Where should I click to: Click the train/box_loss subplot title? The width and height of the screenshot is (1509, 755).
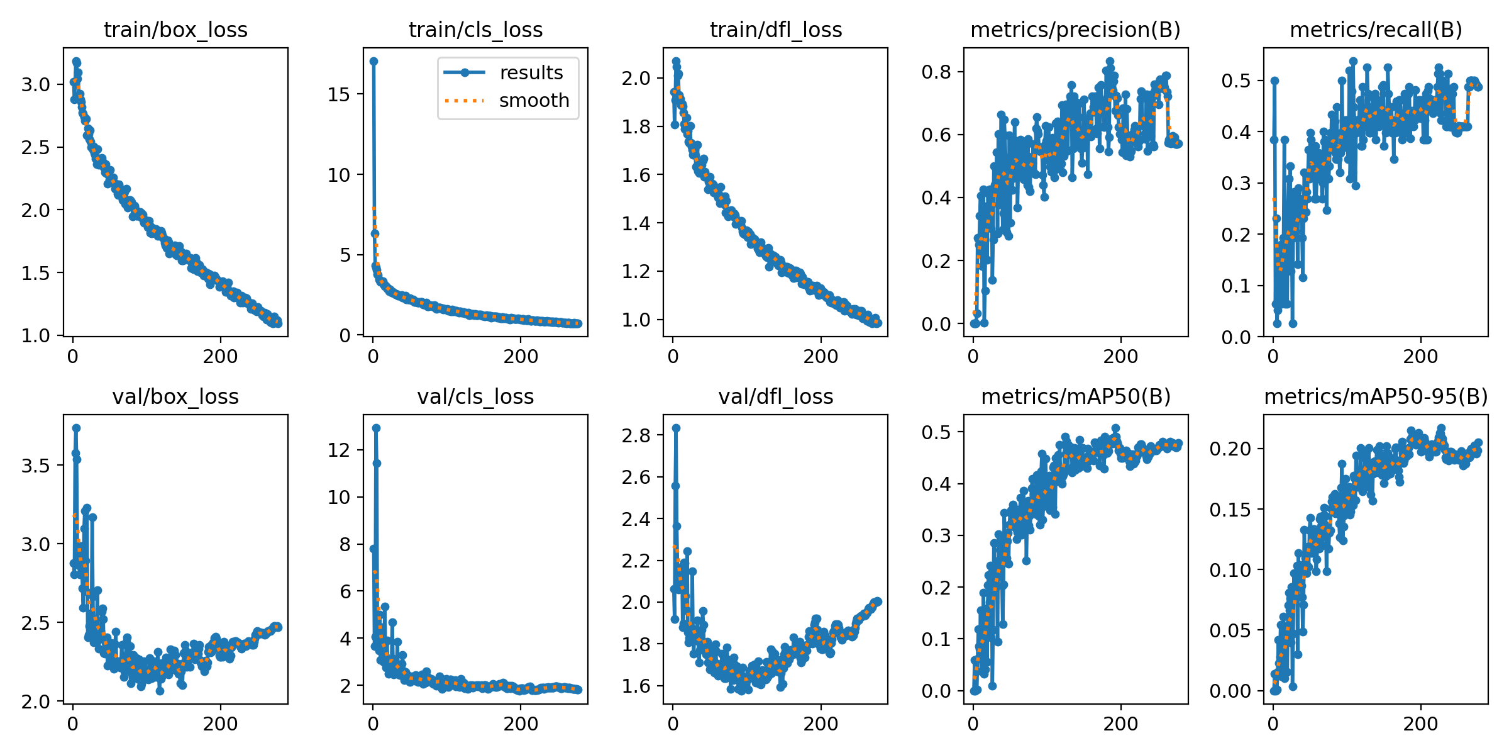(175, 30)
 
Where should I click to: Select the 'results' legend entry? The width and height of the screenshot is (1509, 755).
(531, 73)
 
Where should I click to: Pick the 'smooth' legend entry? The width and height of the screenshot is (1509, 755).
(533, 101)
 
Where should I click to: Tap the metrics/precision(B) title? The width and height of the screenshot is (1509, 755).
(1075, 30)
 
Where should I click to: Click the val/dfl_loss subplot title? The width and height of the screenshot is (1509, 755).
(775, 397)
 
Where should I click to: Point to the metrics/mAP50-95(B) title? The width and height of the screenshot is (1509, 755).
(1376, 397)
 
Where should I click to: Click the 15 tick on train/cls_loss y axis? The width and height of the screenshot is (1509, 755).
(339, 94)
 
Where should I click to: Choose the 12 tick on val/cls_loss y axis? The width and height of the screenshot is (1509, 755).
(339, 450)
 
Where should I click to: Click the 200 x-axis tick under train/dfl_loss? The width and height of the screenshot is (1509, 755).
(821, 357)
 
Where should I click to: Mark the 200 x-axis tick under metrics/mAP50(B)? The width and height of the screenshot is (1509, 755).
(1120, 724)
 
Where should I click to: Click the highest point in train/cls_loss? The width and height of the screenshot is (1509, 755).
(373, 61)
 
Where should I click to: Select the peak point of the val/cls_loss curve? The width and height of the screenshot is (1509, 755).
(376, 428)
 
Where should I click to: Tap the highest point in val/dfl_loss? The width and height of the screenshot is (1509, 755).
(676, 428)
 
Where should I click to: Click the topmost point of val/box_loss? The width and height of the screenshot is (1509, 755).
(76, 428)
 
